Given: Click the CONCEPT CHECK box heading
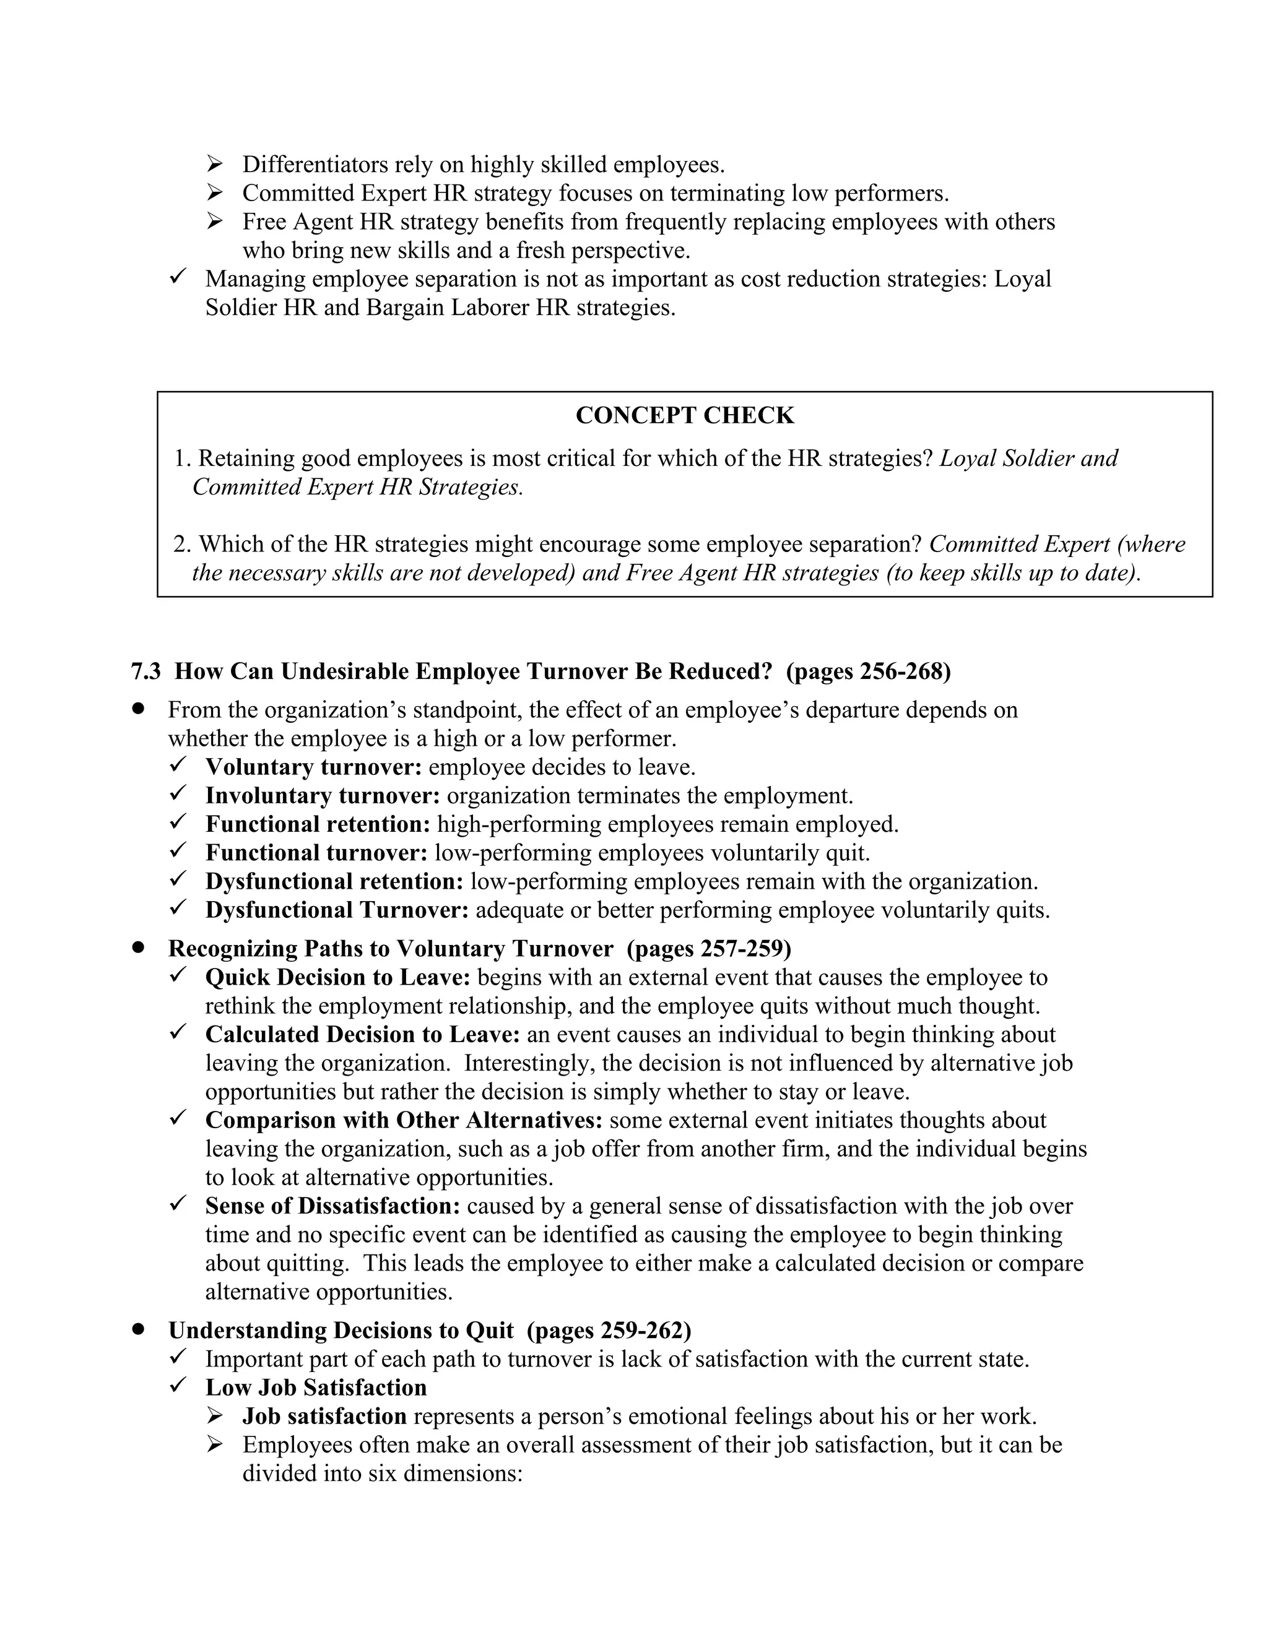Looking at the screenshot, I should point(684,415).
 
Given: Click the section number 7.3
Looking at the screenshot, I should point(145,671).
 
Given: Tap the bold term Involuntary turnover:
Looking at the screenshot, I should point(322,795).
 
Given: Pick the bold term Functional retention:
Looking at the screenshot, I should point(318,824).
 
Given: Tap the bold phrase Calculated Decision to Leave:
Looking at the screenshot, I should point(362,1034).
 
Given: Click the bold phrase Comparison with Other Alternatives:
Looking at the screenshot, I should point(404,1120).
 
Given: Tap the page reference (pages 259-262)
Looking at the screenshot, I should point(609,1330).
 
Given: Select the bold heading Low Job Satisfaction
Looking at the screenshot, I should point(316,1387).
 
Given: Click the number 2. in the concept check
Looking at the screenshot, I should point(183,543).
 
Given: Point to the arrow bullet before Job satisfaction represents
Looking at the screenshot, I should point(215,1415).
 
